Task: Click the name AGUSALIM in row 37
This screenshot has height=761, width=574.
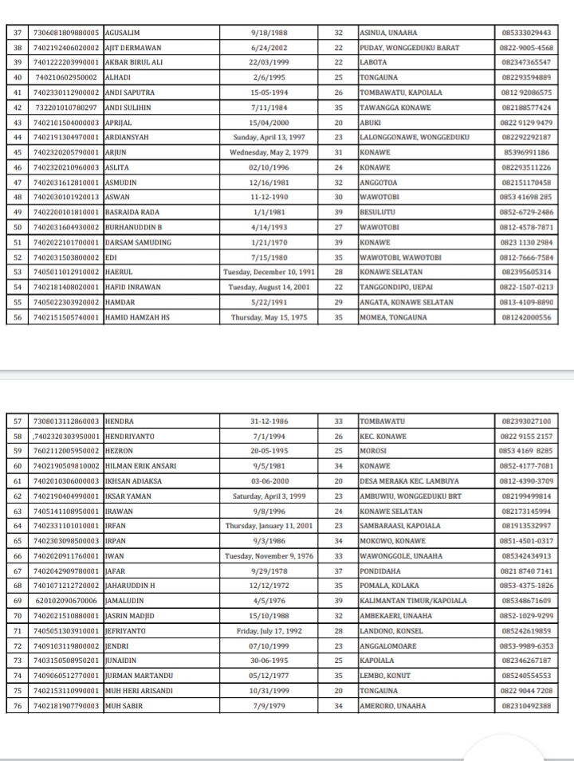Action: point(122,33)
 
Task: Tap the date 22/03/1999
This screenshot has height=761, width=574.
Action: point(269,62)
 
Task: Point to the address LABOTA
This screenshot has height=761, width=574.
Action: point(374,62)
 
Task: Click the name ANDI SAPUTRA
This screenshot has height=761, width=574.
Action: point(128,92)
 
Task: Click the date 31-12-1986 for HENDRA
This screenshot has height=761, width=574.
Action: point(269,421)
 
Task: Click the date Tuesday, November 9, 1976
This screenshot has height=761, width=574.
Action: point(269,556)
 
